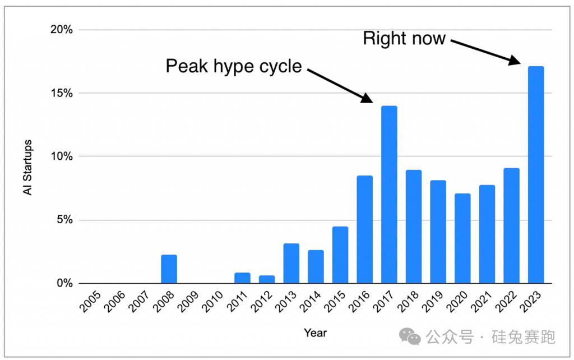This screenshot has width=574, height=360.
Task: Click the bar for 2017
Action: (x=389, y=195)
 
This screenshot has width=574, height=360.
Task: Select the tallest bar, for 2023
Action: (x=536, y=175)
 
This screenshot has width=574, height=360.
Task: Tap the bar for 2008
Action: (x=169, y=269)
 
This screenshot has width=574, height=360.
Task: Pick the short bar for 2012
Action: (x=267, y=279)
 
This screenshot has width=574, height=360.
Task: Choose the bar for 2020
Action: (x=462, y=238)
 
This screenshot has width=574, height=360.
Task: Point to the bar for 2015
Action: (x=340, y=255)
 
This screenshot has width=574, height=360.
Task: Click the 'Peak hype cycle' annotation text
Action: (x=234, y=67)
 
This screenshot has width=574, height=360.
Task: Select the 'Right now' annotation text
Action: (x=404, y=38)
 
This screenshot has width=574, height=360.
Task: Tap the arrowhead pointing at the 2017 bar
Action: (x=367, y=98)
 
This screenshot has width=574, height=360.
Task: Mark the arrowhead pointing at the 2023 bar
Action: (x=515, y=60)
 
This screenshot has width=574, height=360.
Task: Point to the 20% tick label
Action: (x=62, y=29)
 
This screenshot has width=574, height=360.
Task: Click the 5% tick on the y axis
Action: (x=64, y=220)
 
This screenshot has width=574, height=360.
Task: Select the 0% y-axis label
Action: (x=64, y=283)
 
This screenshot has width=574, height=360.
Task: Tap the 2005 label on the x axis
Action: (x=90, y=302)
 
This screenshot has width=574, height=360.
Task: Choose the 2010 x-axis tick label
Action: (x=212, y=302)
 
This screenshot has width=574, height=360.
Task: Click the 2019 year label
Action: (x=433, y=302)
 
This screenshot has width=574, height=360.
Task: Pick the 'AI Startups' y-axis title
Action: (x=27, y=167)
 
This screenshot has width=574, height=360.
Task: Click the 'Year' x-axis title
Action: (x=315, y=333)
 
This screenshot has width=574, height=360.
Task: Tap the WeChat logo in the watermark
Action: (x=410, y=336)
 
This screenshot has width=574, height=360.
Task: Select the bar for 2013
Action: (x=291, y=264)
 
